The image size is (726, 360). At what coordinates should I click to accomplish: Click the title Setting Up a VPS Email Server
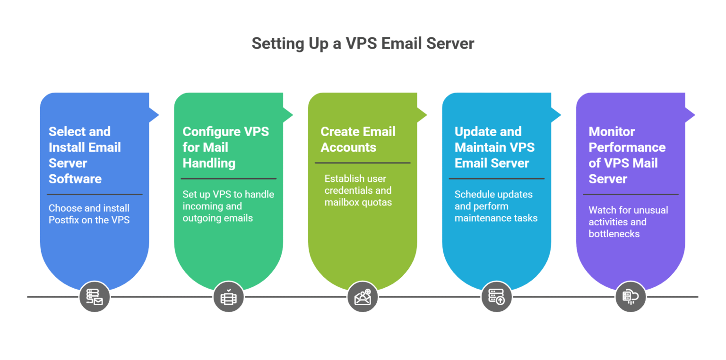click(363, 43)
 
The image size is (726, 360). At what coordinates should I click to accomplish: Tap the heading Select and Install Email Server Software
click(85, 155)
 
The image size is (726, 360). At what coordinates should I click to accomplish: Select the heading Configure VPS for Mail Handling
click(225, 147)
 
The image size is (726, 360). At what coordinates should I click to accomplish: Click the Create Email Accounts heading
click(358, 139)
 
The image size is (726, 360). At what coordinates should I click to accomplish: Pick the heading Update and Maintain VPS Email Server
click(494, 147)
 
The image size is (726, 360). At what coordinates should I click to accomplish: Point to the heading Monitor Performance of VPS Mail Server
click(627, 155)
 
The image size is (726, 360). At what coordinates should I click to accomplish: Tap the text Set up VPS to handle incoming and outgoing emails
click(228, 206)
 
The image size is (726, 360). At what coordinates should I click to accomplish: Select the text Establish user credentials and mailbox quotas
click(358, 190)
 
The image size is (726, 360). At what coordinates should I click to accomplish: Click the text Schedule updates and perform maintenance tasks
click(496, 206)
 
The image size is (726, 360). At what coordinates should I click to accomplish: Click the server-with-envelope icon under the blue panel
click(95, 297)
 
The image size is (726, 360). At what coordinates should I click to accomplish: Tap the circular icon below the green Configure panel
click(228, 297)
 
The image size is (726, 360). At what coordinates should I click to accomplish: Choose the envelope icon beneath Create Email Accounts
click(363, 297)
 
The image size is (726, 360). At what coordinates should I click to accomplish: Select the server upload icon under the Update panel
click(496, 297)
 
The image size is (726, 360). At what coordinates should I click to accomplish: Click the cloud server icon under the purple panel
click(631, 297)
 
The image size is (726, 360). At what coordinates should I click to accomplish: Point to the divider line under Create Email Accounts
click(363, 163)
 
